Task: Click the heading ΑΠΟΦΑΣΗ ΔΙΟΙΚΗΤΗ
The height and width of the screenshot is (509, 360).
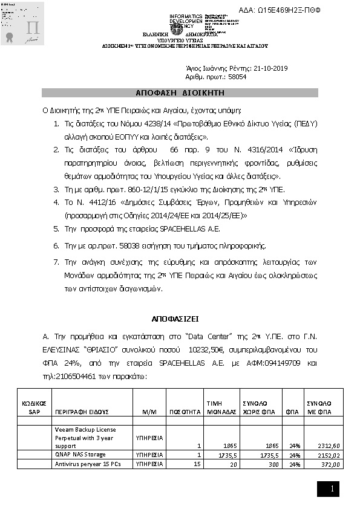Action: (180, 92)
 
